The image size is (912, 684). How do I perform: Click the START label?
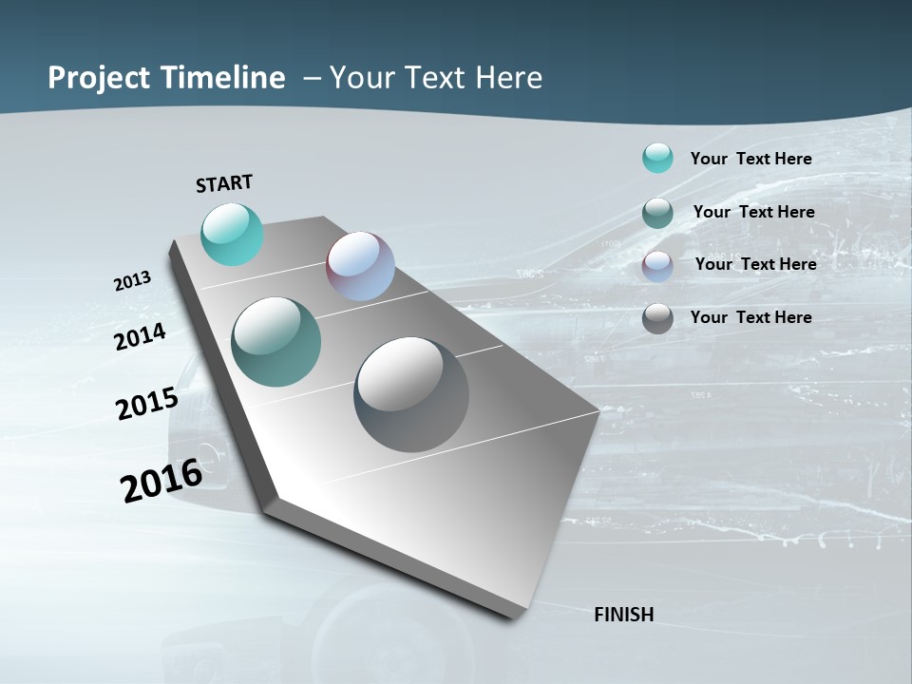pos(224,183)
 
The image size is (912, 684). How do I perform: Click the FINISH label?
pos(624,615)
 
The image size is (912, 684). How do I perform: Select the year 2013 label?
pos(133,281)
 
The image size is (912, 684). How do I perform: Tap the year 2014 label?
pos(141,336)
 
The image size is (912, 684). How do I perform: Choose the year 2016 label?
pos(161,481)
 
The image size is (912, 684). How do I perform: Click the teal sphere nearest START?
pos(232,234)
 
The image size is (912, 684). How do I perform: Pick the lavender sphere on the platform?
pos(360,266)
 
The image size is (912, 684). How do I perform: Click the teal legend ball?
pos(657,158)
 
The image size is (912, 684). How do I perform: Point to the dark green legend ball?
pos(657,213)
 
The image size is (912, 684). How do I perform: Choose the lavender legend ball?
pos(657,266)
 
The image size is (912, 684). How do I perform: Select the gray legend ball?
pos(657,318)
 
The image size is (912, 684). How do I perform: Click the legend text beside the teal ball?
pos(750,159)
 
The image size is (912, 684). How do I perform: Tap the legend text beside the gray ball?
pos(750,317)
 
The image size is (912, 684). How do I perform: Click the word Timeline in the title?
pos(222,78)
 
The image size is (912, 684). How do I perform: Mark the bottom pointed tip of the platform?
pos(513,617)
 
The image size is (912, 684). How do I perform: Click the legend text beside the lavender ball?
pos(755,264)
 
